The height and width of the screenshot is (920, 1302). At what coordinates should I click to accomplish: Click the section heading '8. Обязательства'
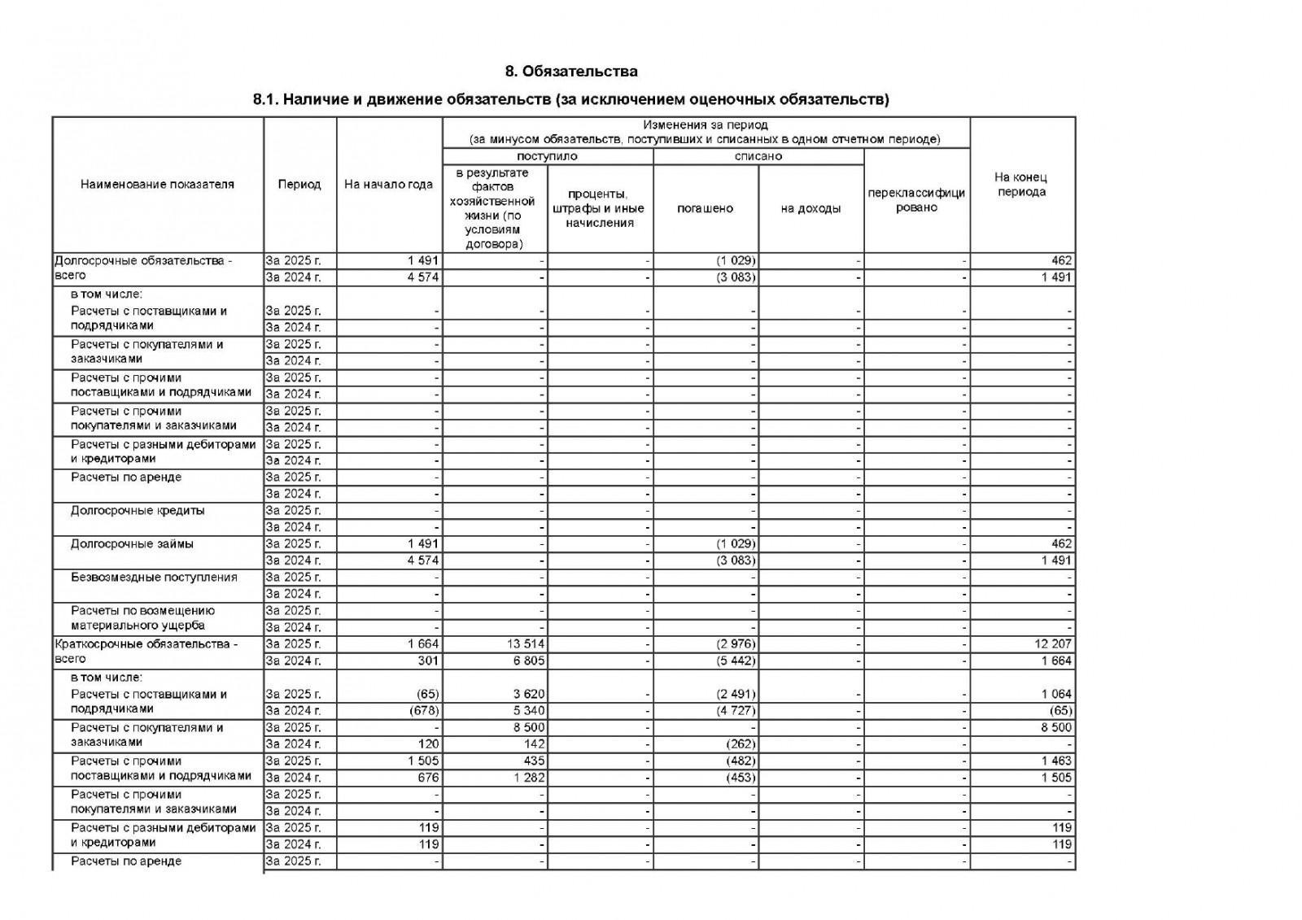click(x=571, y=72)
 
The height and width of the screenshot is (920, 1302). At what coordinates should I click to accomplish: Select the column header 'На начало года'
click(x=388, y=185)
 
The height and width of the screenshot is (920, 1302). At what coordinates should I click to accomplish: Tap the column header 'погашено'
click(x=705, y=208)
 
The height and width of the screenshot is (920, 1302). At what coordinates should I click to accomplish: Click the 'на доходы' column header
click(x=810, y=208)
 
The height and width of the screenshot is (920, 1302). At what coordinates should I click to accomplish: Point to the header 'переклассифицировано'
click(x=916, y=200)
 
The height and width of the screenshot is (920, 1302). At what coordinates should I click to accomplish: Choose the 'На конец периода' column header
click(x=1021, y=185)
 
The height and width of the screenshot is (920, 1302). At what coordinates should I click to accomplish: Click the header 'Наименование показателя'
click(x=157, y=185)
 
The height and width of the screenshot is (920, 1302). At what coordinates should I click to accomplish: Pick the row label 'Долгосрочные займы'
click(x=132, y=543)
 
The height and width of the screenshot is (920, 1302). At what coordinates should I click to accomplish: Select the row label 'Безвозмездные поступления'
click(x=154, y=577)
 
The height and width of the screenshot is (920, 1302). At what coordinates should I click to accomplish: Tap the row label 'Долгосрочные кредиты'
click(x=138, y=510)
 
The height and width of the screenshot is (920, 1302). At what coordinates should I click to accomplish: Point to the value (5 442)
click(x=736, y=661)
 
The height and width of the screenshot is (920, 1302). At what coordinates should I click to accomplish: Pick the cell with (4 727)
click(x=736, y=710)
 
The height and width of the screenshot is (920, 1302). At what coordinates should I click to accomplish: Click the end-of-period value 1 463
click(x=1056, y=761)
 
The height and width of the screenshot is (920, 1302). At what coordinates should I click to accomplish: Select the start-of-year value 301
click(x=428, y=661)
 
